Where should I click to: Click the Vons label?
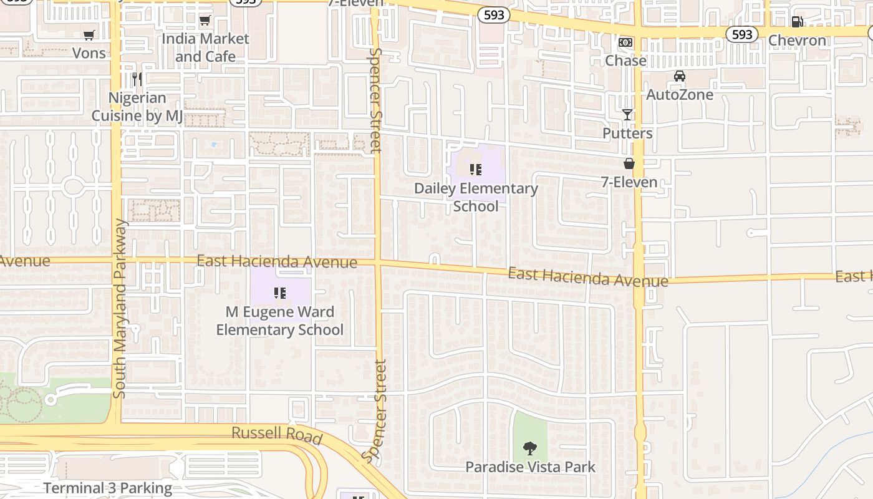point(89,53)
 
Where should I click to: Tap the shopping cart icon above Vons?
point(89,36)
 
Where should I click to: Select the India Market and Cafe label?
point(205,47)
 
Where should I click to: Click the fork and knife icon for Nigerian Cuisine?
point(137,79)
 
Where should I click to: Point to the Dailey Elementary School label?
point(476,197)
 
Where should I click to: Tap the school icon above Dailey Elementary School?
point(476,170)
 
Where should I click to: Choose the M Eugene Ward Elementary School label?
point(279,321)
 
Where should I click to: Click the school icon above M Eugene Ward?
point(280,293)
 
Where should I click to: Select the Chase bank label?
point(625,61)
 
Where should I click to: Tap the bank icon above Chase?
point(625,42)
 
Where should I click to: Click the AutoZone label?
point(680,95)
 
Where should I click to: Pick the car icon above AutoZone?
point(680,77)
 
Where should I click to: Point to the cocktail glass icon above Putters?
point(627,115)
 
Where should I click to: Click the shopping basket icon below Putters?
point(629,163)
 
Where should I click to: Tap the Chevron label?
point(797,41)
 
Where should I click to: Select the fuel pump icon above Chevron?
point(797,22)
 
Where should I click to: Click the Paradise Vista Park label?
point(530,467)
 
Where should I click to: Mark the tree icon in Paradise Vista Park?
point(530,448)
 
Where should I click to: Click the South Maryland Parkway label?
point(120,309)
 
